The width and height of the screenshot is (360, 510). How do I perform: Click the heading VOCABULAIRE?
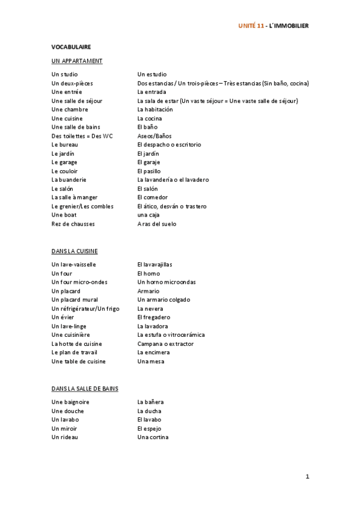coord(71,46)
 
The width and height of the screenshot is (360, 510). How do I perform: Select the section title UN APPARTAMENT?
coord(77,61)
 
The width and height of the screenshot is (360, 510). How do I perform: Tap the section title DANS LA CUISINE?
coord(75,251)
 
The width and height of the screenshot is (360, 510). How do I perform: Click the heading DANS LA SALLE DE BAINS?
coord(85,389)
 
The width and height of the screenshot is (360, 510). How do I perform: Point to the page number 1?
coord(307,477)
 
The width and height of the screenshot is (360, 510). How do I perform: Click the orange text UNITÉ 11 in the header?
coord(251,26)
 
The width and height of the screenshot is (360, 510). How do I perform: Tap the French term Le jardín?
coord(64,153)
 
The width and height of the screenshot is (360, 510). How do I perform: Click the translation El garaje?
coord(149,162)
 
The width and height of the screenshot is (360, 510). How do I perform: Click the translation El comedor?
coord(152,197)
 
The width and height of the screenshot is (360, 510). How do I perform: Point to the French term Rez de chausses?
coord(73,224)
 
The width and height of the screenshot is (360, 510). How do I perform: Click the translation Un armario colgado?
coord(163,300)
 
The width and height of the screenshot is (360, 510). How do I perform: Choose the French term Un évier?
coord(64,317)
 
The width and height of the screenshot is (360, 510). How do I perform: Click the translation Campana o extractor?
coord(165,343)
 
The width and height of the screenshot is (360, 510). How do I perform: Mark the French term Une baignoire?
coord(70,402)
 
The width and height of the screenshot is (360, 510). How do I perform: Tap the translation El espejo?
coord(149,428)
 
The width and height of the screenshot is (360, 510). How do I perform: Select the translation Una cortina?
coord(153,437)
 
